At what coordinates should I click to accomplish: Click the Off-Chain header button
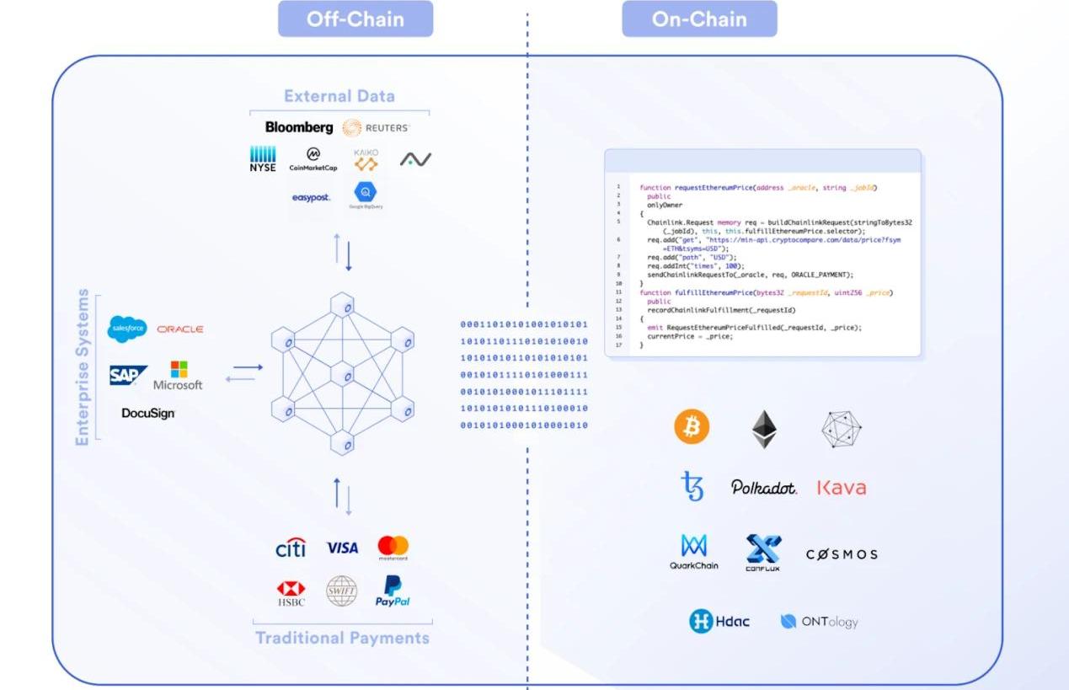(x=355, y=19)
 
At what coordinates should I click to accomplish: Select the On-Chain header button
(x=699, y=19)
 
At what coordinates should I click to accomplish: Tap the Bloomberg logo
(x=299, y=127)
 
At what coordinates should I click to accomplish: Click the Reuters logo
(x=376, y=128)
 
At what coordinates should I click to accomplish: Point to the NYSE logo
(x=263, y=158)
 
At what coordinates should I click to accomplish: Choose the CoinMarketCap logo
(x=313, y=159)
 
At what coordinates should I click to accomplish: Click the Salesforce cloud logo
(x=127, y=329)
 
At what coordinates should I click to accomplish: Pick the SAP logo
(x=128, y=376)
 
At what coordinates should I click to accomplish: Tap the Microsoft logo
(x=179, y=376)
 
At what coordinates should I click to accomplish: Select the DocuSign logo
(x=148, y=414)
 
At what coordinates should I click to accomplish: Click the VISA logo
(x=342, y=548)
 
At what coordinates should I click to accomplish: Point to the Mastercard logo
(x=393, y=548)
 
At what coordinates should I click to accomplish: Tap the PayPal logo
(x=393, y=591)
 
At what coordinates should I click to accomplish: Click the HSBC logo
(x=291, y=592)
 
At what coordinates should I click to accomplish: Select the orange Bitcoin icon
(x=692, y=428)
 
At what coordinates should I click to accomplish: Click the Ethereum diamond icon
(x=764, y=429)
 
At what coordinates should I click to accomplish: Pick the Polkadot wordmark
(x=763, y=488)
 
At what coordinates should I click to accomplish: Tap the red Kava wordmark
(x=841, y=488)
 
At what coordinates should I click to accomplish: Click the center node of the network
(x=341, y=374)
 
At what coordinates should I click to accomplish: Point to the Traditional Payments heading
(x=342, y=638)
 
